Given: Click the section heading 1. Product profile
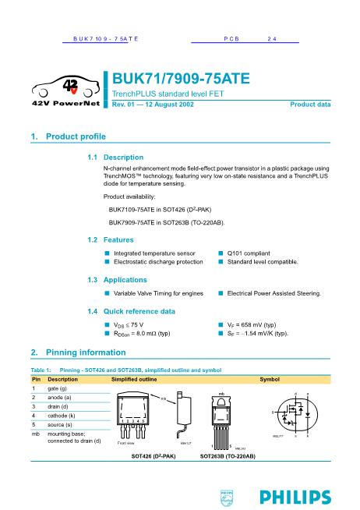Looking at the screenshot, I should [67, 137].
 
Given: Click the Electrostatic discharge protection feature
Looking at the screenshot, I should [157, 262].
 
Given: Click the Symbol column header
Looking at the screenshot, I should [269, 378].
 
